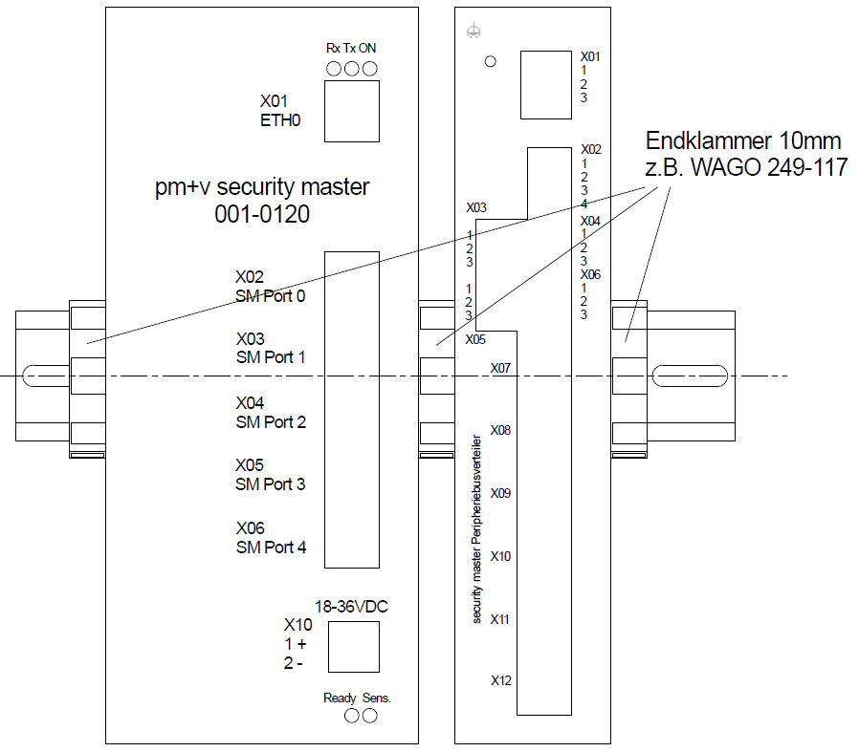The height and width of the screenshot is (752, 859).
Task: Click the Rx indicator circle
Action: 334,69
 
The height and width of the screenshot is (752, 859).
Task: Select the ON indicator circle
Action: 369,69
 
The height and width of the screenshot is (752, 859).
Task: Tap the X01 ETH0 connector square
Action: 351,112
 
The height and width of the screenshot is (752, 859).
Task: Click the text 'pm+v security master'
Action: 262,187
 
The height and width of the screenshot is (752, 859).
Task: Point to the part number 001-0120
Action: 262,215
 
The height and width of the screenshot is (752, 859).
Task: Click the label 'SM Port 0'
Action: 271,296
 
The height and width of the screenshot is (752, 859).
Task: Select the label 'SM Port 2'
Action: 271,421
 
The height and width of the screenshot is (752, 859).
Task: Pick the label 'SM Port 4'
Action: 271,548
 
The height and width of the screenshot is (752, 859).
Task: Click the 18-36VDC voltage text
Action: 352,606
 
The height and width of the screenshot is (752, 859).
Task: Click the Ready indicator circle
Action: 351,715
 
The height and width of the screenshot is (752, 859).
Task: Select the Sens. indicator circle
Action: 369,715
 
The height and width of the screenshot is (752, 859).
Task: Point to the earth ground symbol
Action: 472,32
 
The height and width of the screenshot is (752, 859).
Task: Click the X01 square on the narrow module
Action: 546,85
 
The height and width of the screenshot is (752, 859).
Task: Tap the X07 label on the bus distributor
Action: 500,368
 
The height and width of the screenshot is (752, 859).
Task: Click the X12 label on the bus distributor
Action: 501,681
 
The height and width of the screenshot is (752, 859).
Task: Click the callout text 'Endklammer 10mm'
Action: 743,141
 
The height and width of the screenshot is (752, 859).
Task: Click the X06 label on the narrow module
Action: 591,274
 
